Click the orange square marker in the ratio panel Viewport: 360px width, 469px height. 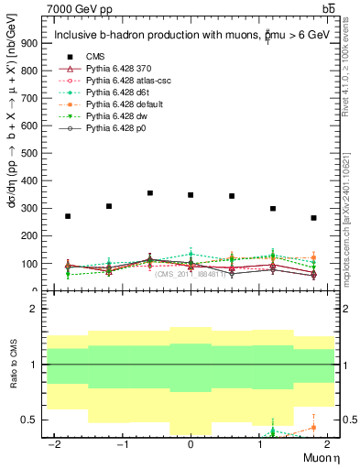pos(313,428)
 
